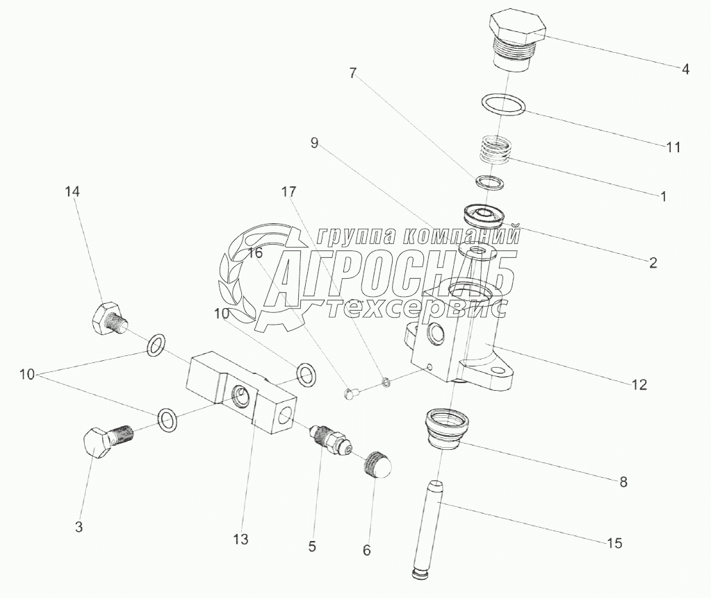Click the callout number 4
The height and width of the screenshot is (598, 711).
click(x=685, y=69)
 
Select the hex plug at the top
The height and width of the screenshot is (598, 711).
click(x=518, y=38)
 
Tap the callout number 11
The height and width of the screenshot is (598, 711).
click(x=672, y=147)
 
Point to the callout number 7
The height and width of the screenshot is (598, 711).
click(x=353, y=72)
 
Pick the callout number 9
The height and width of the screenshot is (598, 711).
click(x=314, y=143)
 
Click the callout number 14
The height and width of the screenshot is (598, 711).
click(x=73, y=192)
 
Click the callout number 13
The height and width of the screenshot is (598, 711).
click(x=240, y=539)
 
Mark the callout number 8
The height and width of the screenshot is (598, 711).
click(x=623, y=481)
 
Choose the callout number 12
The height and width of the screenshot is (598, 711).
click(x=639, y=384)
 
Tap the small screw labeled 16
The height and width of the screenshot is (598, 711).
click(x=351, y=394)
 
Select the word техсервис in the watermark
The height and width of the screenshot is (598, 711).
click(x=417, y=309)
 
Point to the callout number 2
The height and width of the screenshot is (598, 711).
click(x=653, y=263)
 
